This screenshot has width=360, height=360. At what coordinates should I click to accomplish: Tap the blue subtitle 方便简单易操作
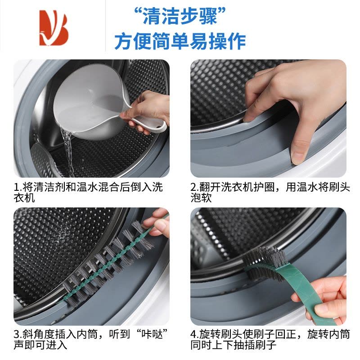point(180,41)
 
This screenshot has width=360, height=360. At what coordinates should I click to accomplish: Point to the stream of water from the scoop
point(67,148)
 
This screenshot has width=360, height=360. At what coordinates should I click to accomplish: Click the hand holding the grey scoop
point(147,112)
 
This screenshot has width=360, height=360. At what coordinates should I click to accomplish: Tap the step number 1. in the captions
point(17,187)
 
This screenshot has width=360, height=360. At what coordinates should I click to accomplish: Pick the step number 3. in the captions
point(17,334)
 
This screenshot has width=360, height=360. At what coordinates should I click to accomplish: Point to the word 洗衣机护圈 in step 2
point(256,187)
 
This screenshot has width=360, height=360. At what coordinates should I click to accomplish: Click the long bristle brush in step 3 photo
point(108,263)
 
